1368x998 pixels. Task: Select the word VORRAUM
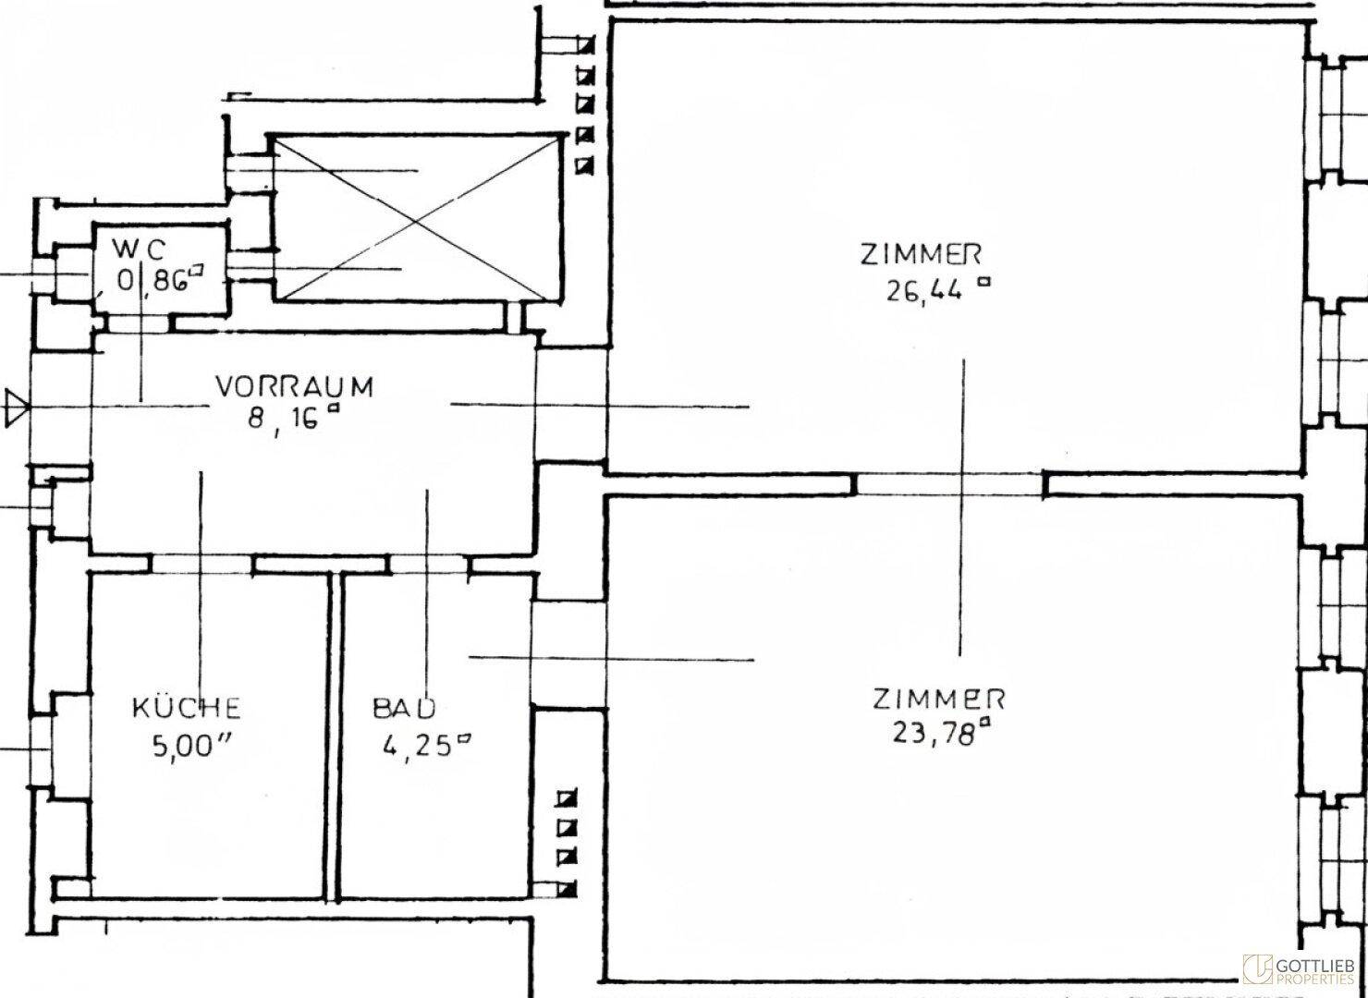pyautogui.click(x=294, y=385)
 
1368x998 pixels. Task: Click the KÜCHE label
pyautogui.click(x=187, y=709)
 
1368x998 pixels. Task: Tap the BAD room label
pyautogui.click(x=404, y=709)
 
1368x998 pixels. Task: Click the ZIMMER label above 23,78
pyautogui.click(x=938, y=698)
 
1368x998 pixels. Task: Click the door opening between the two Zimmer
pyautogui.click(x=950, y=484)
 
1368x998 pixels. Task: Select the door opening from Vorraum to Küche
pyautogui.click(x=202, y=564)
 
